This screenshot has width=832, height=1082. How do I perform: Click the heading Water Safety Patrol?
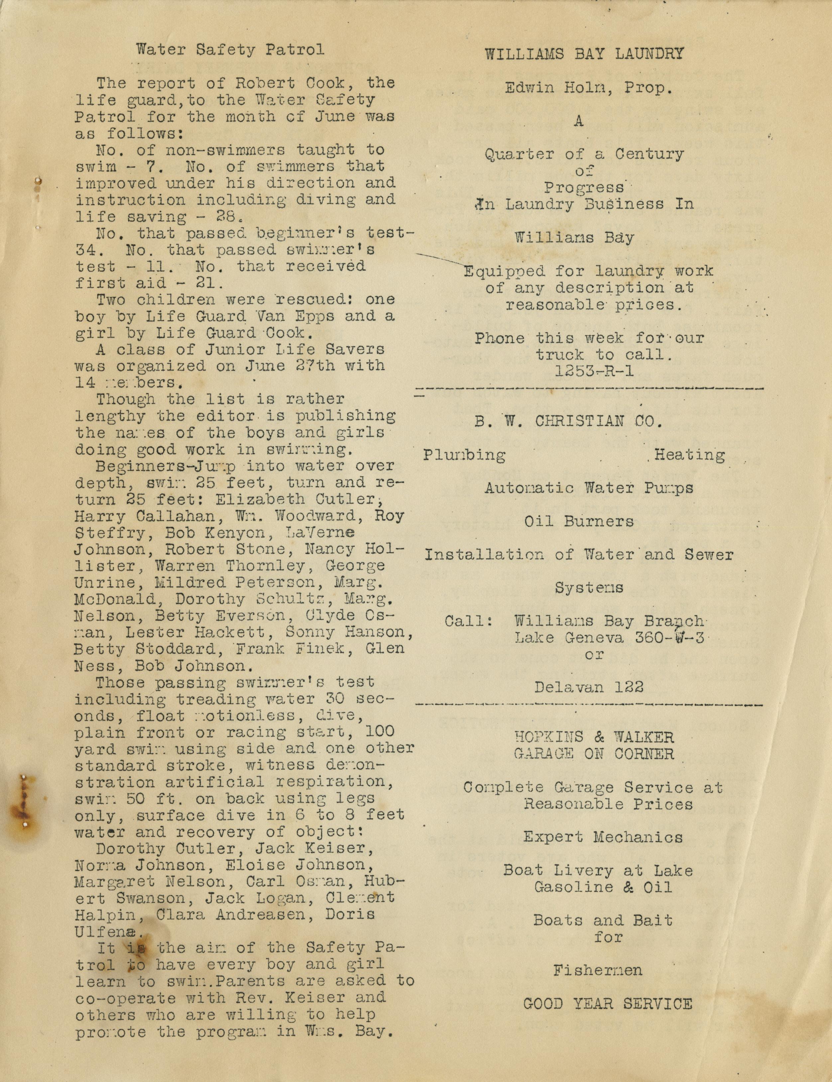[x=230, y=50]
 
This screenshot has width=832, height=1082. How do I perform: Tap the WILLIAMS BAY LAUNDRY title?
[x=584, y=54]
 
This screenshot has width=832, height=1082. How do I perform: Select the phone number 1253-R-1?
[x=594, y=371]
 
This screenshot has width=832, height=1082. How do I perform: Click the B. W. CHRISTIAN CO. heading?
[x=568, y=421]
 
